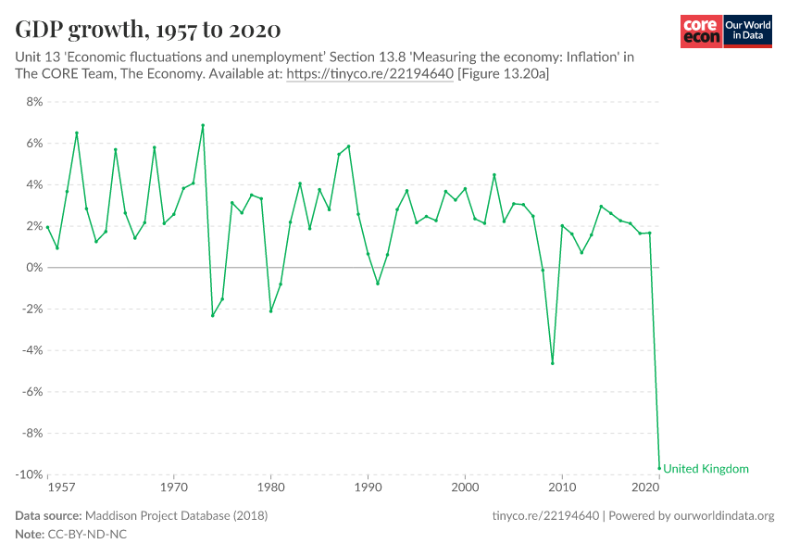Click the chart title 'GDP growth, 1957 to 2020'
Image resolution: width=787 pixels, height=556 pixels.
tap(148, 29)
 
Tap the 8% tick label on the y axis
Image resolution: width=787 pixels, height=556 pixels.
tap(34, 102)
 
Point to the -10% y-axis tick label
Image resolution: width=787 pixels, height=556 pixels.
tap(29, 474)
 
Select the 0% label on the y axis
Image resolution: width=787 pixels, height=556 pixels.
tap(34, 268)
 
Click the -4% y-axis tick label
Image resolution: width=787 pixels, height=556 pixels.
tap(32, 350)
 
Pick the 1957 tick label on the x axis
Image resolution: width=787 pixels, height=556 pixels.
tap(61, 486)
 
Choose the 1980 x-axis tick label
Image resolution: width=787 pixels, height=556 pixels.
tap(270, 486)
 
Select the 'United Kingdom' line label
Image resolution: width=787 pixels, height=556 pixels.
tap(706, 469)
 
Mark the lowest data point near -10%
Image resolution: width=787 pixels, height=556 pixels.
tap(659, 468)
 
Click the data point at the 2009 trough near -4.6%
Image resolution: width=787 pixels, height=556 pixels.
tap(553, 363)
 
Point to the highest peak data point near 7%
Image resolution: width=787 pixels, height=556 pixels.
tap(203, 126)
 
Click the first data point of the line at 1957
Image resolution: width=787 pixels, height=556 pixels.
tap(47, 227)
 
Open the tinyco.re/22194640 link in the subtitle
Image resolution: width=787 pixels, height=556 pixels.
tap(369, 75)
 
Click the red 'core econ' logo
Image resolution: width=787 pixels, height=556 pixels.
tap(701, 32)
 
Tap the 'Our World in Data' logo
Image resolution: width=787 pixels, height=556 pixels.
tap(747, 32)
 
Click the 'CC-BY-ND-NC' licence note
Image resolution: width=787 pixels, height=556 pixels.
tap(87, 536)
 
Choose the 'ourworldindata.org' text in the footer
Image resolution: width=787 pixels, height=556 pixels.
tap(719, 515)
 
